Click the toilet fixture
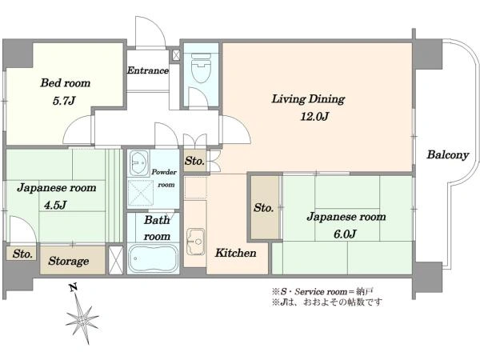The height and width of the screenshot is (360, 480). point(201,68)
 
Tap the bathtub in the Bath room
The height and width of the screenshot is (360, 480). point(153,259)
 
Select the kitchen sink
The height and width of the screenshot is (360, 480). point(196,242)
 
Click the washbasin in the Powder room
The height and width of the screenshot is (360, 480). point(139,163)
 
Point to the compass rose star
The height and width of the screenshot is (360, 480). point(82,320)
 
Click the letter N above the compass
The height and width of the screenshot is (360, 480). point(73,287)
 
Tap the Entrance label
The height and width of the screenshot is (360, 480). point(148,70)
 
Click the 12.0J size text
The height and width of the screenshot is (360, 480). point(314,117)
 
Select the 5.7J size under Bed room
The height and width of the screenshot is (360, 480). point(64,101)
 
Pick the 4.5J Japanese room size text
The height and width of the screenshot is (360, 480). point(55,205)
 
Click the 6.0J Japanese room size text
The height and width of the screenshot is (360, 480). point(345,234)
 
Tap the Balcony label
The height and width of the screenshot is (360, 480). point(447,155)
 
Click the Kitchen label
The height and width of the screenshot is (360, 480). point(235,253)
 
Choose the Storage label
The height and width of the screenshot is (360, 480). point(69,261)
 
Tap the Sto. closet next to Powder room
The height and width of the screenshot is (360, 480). point(194,161)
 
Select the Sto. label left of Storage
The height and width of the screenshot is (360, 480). point(22,254)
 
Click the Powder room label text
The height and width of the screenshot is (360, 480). point(164,178)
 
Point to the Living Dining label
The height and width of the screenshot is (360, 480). point(308,99)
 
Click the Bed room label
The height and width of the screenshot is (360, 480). point(66,83)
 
